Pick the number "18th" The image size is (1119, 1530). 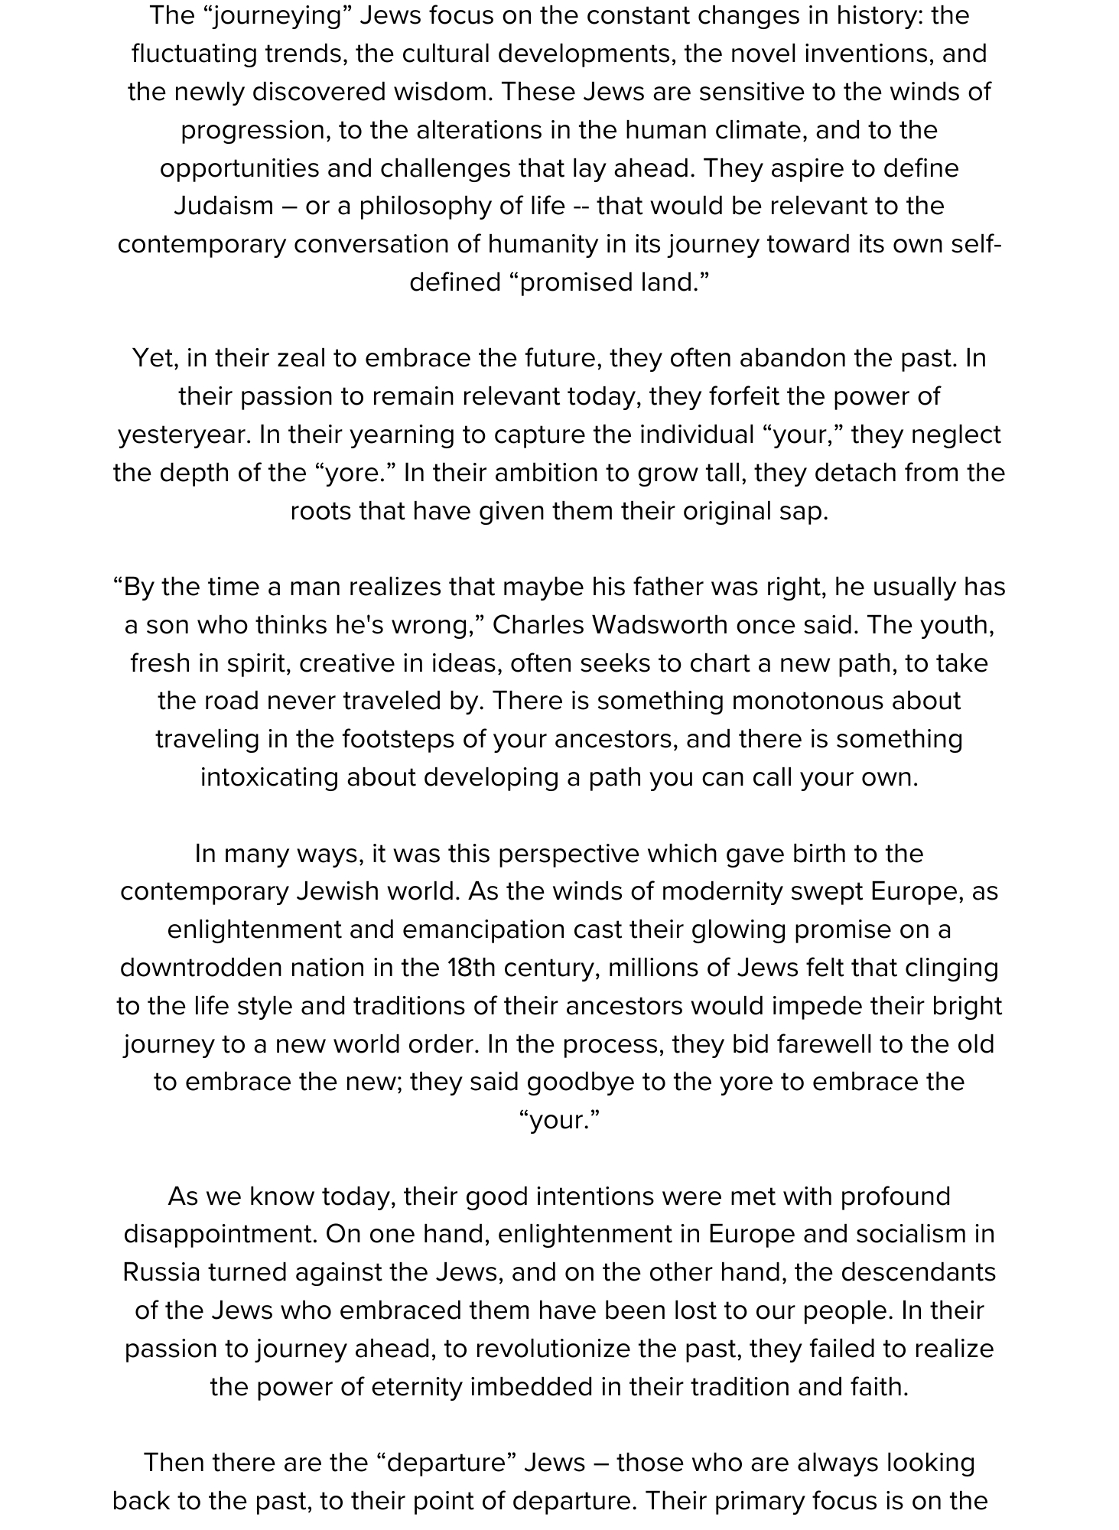click(x=472, y=968)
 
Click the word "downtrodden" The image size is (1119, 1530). click(x=200, y=968)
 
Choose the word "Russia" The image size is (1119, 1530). click(x=161, y=1272)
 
